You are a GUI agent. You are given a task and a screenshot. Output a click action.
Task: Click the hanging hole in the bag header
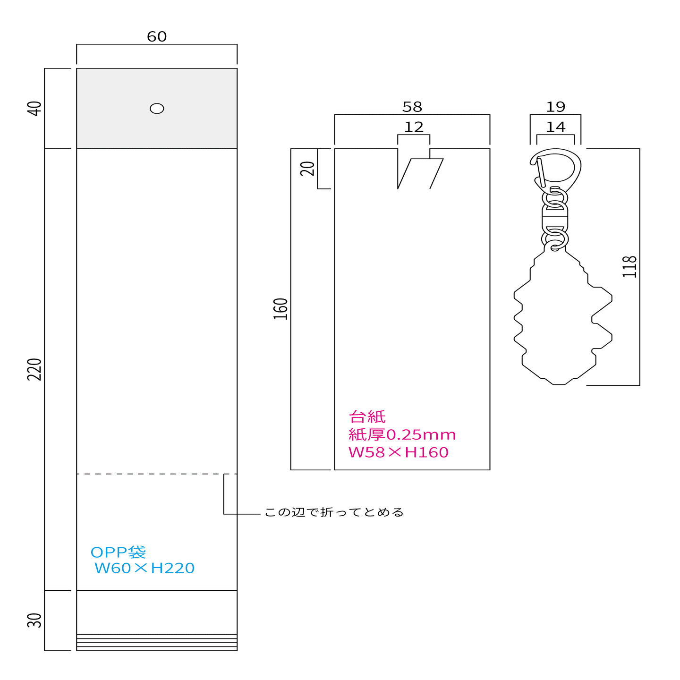[x=157, y=108]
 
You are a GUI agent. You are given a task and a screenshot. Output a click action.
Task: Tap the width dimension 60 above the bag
[x=157, y=37]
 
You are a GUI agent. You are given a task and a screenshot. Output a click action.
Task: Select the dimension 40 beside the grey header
[x=34, y=108]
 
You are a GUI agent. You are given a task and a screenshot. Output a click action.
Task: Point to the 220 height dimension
[x=34, y=369]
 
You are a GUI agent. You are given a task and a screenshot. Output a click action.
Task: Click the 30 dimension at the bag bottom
[x=34, y=620]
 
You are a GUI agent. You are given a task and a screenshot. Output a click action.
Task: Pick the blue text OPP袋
[x=118, y=552]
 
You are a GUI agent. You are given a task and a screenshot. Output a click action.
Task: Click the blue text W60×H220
[x=144, y=568]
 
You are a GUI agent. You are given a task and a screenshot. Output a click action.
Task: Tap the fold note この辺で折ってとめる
[x=334, y=512]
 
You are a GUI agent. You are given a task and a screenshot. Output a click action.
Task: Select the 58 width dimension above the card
[x=412, y=107]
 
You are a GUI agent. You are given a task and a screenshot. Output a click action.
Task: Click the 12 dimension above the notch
[x=414, y=127]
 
